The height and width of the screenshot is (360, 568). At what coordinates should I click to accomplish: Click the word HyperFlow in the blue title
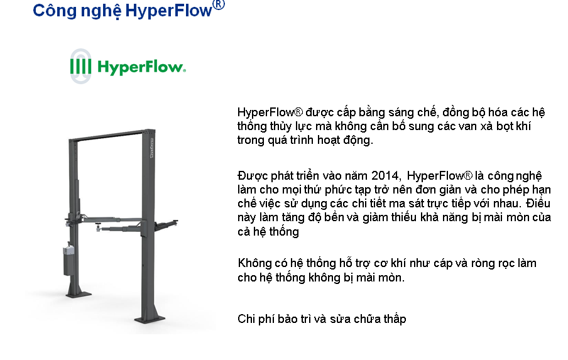pyautogui.click(x=168, y=11)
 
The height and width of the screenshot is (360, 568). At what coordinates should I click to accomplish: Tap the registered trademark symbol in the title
pyautogui.click(x=219, y=5)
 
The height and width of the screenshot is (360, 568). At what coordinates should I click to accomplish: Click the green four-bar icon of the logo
pyautogui.click(x=80, y=67)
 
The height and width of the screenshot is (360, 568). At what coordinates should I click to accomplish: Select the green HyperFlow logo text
pyautogui.click(x=141, y=67)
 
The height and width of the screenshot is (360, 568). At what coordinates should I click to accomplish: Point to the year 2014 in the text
pyautogui.click(x=385, y=176)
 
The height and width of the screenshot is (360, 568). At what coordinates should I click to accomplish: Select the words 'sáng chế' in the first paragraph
pyautogui.click(x=412, y=112)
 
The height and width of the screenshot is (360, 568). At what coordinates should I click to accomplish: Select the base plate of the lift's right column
pyautogui.click(x=150, y=319)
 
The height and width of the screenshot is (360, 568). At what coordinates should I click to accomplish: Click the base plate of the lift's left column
pyautogui.click(x=79, y=295)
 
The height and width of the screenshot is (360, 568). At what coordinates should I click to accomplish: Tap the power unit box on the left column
pyautogui.click(x=69, y=261)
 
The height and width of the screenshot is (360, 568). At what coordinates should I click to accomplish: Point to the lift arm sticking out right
pyautogui.click(x=166, y=225)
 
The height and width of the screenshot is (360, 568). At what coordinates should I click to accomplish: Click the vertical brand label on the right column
pyautogui.click(x=151, y=148)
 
